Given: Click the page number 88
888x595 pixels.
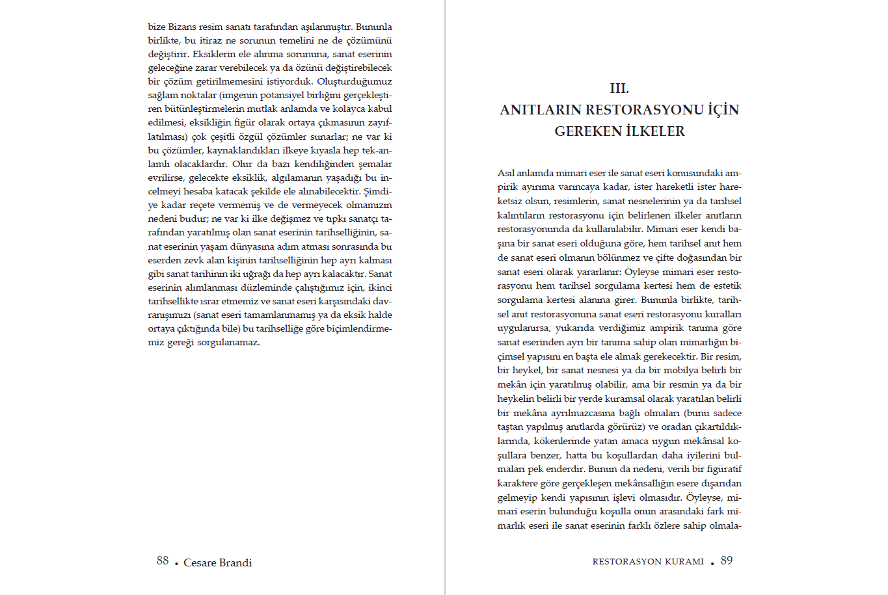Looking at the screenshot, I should click(x=163, y=561).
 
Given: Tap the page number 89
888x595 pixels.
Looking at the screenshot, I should click(x=727, y=561).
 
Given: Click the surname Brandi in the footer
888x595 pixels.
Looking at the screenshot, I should click(x=236, y=562).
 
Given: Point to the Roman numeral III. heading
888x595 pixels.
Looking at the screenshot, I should click(x=619, y=88).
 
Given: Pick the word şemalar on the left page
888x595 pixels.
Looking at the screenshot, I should click(x=375, y=164).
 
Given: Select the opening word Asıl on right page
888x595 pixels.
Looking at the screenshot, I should click(x=506, y=173).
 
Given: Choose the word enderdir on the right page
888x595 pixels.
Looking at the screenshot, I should click(x=565, y=469).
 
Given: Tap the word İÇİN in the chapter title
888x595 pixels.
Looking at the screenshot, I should click(x=723, y=110).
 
